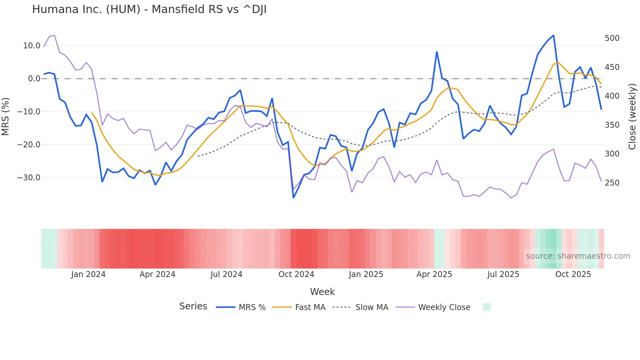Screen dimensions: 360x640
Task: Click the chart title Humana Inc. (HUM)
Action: [x=149, y=9]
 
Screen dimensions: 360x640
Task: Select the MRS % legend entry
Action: [x=252, y=307]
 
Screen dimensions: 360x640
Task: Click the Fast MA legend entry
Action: [x=310, y=307]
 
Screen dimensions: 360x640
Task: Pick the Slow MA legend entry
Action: [x=372, y=307]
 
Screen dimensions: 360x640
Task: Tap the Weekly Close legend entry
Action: [x=444, y=307]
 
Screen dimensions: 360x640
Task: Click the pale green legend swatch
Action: [x=487, y=307]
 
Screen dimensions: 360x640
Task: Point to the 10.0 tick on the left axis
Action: [x=32, y=46]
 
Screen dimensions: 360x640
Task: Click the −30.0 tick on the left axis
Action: [x=29, y=178]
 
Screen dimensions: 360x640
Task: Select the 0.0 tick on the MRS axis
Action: [x=34, y=79]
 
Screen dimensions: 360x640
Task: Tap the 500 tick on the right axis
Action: [x=612, y=38]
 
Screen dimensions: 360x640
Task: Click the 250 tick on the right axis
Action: [x=612, y=183]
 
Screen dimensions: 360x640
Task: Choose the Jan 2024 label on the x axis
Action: [x=88, y=274]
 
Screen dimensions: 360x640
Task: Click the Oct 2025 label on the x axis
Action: [x=573, y=274]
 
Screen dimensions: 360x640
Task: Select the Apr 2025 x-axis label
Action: [x=434, y=274]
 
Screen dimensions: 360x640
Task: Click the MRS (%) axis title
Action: [x=6, y=116]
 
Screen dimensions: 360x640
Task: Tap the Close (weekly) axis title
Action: [x=632, y=116]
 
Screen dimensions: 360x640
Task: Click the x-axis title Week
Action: [x=322, y=292]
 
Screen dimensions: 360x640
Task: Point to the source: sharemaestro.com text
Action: [x=578, y=256]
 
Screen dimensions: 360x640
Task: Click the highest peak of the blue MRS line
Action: [x=553, y=35]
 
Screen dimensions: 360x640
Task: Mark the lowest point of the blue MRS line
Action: [x=293, y=198]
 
